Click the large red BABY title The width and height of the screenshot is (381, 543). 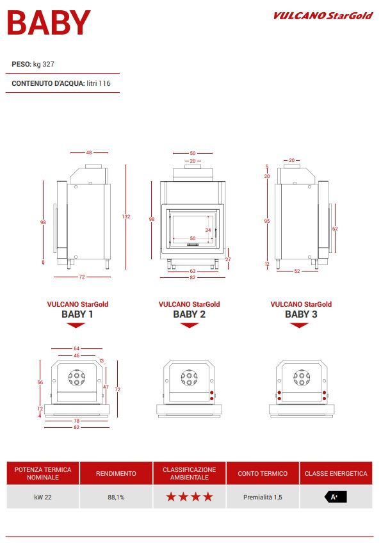(x=49, y=23)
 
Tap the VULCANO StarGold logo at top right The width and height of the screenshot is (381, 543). (x=323, y=15)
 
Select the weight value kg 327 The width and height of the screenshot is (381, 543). (x=44, y=64)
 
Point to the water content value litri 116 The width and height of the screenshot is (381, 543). (x=99, y=83)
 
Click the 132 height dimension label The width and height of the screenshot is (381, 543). (x=126, y=216)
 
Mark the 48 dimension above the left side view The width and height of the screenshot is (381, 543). (x=89, y=152)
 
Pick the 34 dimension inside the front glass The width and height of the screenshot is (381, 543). (x=208, y=230)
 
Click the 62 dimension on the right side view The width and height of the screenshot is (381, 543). (x=335, y=229)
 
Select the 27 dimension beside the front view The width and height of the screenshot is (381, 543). (x=228, y=259)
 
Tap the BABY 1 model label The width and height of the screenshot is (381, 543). (x=77, y=314)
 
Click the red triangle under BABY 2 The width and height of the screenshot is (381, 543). (x=190, y=325)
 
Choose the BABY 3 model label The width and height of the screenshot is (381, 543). (x=301, y=314)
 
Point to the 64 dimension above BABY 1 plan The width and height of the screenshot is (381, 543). (x=77, y=348)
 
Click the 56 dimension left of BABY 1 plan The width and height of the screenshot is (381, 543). (x=40, y=382)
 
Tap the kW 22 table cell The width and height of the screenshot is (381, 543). (x=43, y=498)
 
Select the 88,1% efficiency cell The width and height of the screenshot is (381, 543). (x=116, y=498)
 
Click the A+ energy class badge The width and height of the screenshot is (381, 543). (x=336, y=497)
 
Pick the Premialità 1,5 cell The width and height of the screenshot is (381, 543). (x=263, y=498)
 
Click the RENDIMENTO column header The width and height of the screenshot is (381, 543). (x=116, y=473)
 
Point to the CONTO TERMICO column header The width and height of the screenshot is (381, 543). (x=263, y=473)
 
